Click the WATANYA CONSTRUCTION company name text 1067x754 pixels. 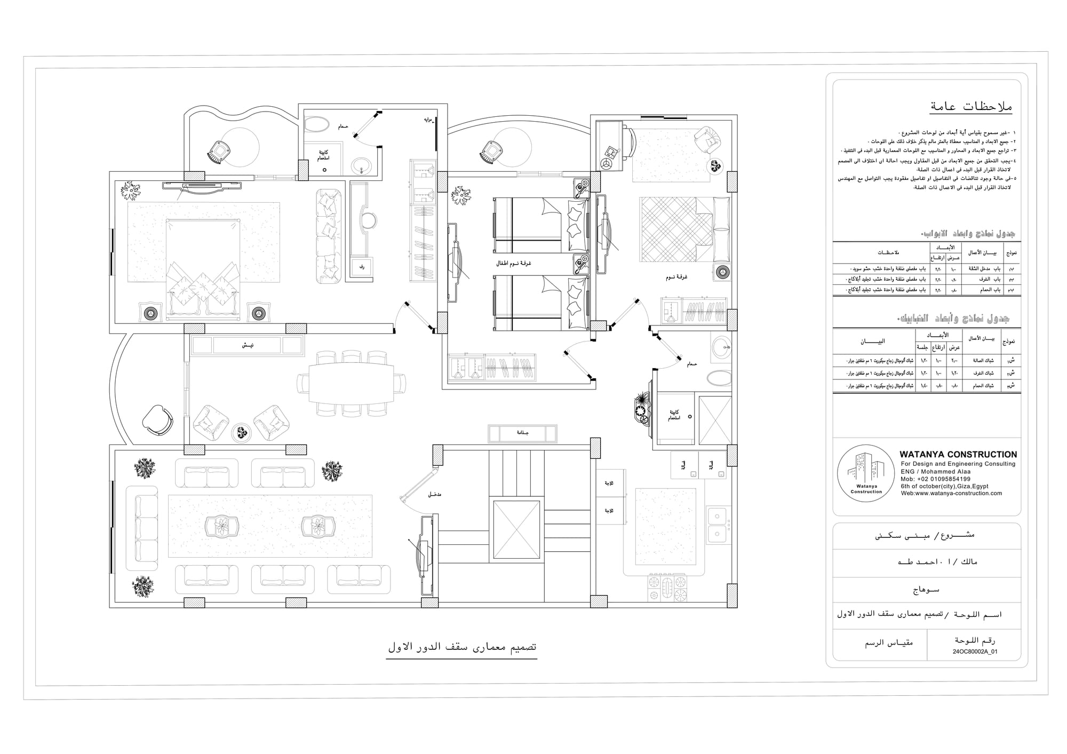coord(958,455)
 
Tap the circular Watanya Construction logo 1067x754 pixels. coord(865,473)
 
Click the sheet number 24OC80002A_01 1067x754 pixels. coord(975,652)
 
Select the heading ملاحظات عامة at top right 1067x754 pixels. coord(970,107)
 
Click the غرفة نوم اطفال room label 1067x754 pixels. coord(513,264)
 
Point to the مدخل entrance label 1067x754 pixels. coord(434,495)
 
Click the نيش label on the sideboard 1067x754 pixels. coord(247,345)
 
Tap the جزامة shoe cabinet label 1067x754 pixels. coord(522,433)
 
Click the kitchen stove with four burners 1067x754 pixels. coord(667,589)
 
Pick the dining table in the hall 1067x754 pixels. coord(351,383)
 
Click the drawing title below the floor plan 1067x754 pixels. coord(461,647)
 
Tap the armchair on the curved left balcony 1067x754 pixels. coord(157,419)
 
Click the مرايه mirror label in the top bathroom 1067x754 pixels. coord(427,120)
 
